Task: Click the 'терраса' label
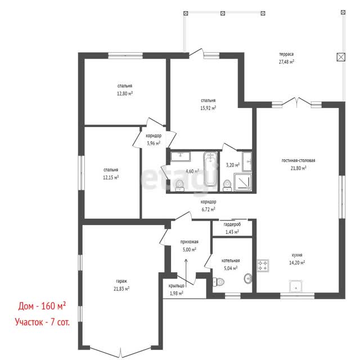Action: click(x=286, y=54)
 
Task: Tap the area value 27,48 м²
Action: click(x=286, y=62)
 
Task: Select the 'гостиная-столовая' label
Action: click(x=298, y=160)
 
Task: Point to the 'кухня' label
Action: click(x=297, y=255)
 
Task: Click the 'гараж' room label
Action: click(x=121, y=281)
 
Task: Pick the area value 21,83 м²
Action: click(x=121, y=289)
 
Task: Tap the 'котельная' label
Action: click(x=231, y=260)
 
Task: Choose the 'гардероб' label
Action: click(x=232, y=224)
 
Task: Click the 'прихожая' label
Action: click(x=189, y=242)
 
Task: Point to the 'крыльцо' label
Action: click(x=176, y=286)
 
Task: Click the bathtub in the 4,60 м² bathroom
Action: click(x=210, y=169)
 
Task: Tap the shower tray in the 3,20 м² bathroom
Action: click(x=242, y=182)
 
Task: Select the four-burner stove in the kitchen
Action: click(x=263, y=265)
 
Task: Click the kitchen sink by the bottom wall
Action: click(x=295, y=286)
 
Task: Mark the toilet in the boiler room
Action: click(x=218, y=281)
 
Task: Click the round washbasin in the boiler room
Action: click(x=248, y=278)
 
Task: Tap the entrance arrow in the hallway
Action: click(x=186, y=273)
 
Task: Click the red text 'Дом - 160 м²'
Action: click(x=42, y=306)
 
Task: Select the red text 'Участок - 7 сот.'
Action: click(x=42, y=322)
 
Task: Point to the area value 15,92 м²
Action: click(x=208, y=108)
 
